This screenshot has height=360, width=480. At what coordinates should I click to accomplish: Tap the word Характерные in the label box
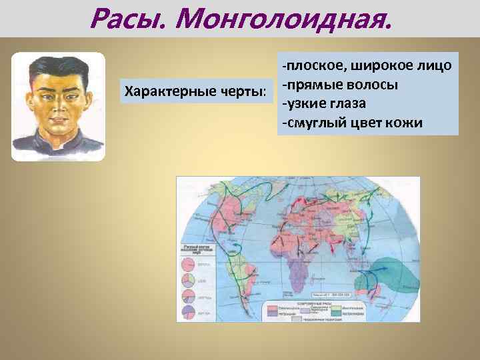[x=161, y=90]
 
